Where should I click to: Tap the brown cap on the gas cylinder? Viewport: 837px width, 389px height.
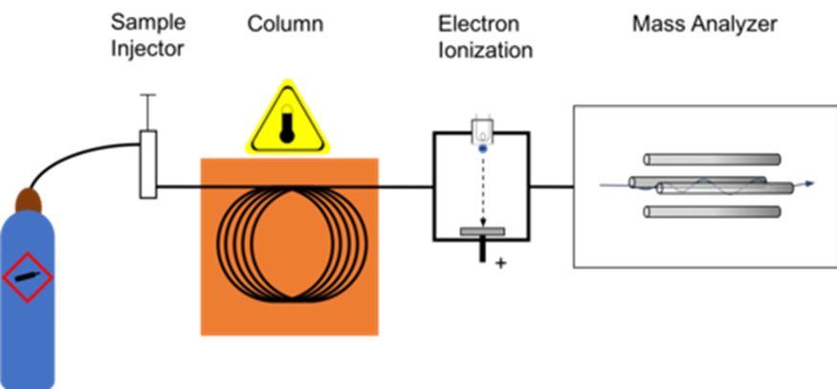click(x=29, y=200)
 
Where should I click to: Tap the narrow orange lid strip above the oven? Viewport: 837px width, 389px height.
click(x=289, y=169)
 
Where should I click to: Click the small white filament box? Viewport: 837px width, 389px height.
click(x=483, y=129)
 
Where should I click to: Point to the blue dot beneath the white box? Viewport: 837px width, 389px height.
click(x=483, y=149)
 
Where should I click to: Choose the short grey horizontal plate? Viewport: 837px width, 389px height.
click(x=482, y=231)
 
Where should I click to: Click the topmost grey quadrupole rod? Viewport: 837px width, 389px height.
click(x=712, y=160)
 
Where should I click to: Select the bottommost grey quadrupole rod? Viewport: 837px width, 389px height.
click(x=712, y=211)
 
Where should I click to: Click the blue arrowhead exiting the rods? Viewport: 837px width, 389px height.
click(x=810, y=184)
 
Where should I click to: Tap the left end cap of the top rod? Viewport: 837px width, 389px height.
click(x=648, y=160)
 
